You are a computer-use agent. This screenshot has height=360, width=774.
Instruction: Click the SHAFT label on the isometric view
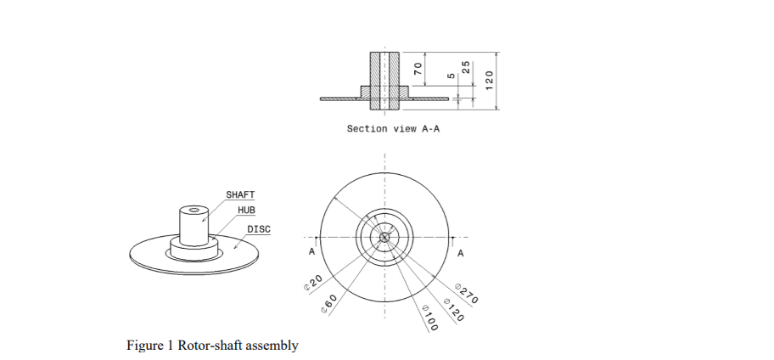[240, 195]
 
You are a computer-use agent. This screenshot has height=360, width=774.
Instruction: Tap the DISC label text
[259, 229]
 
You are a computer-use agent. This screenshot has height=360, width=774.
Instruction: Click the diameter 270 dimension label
[468, 293]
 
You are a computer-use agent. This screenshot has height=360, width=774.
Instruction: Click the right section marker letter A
[460, 253]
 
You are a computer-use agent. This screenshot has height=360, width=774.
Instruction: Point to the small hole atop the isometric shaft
[194, 212]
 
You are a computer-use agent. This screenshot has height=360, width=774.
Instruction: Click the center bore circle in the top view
[384, 237]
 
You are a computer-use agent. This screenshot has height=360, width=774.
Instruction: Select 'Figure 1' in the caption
[149, 346]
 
